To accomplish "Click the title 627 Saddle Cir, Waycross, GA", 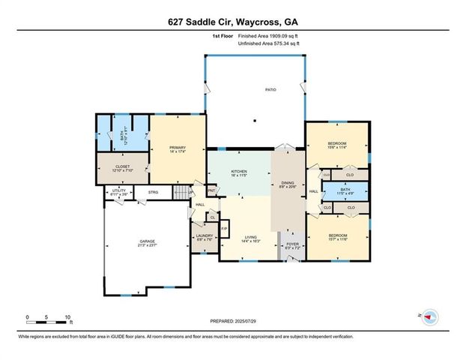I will point(232,22).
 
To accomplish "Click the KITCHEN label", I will point(238,172).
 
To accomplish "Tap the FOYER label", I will point(292,244).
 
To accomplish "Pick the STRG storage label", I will point(153,192).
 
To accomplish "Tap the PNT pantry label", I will point(211,190).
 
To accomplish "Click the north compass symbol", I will point(429,317).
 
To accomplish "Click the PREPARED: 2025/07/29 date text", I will point(232,322).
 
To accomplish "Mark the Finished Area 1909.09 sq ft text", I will point(270,36).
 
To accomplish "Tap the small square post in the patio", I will point(255,121).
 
